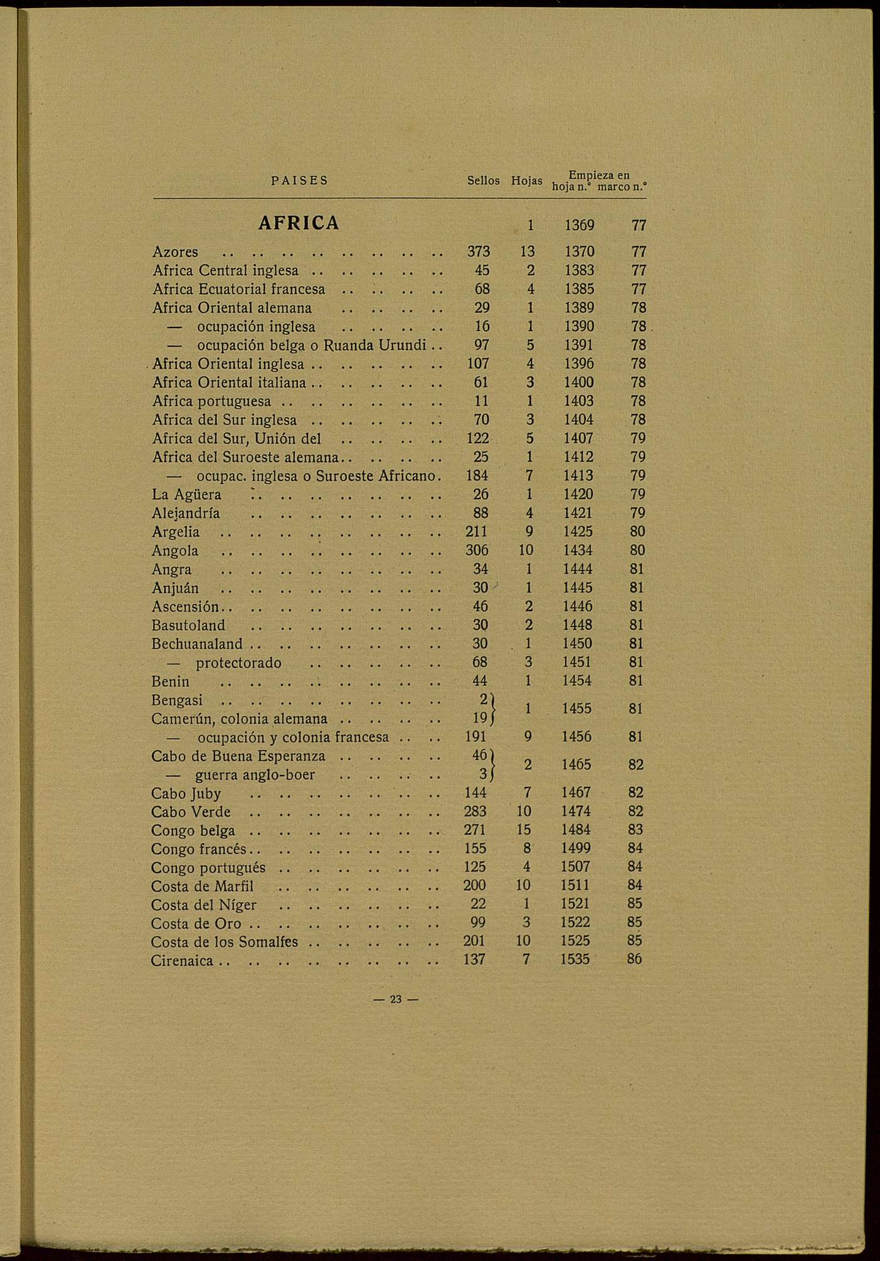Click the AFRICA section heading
coord(299,223)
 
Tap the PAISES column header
coord(300,181)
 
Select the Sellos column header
coord(484,181)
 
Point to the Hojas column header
coord(527,181)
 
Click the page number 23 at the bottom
coord(395,1000)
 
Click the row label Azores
coord(176,252)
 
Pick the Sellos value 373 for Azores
coord(479,251)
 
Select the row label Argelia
coord(176,532)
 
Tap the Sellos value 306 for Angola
coord(477,551)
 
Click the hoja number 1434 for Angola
coord(578,551)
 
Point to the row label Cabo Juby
coord(186,794)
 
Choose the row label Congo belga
coord(193,831)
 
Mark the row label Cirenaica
coord(183,961)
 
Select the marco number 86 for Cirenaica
coord(635,959)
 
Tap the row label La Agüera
coord(187,495)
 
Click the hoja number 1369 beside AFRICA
coord(579,225)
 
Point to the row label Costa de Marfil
coord(203,887)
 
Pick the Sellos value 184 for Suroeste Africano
coord(478,476)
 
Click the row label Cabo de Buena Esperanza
coord(238,756)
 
